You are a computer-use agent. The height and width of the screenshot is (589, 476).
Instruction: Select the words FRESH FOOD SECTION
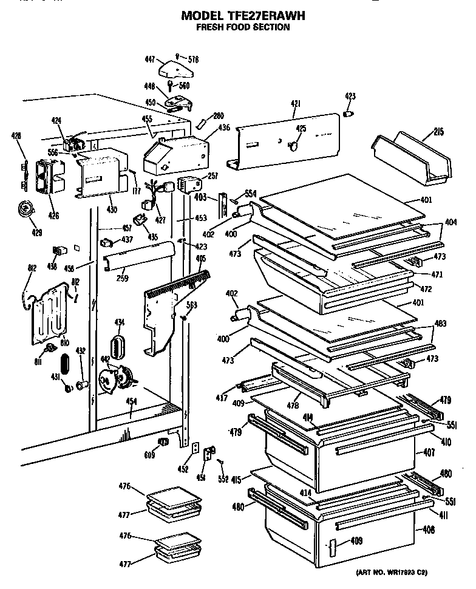pos(242,27)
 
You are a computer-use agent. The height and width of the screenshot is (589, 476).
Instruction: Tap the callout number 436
pos(224,128)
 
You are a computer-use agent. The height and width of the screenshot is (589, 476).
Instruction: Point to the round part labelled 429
pos(26,209)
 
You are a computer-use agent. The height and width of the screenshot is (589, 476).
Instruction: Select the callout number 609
pos(149,454)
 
